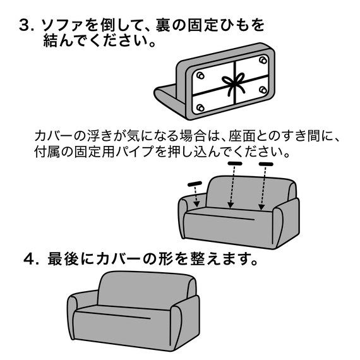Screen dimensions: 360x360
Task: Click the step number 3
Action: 25,27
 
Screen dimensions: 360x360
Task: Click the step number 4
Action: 30,259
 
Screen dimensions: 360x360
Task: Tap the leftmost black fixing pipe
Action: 195,184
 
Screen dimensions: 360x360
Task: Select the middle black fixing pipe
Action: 235,164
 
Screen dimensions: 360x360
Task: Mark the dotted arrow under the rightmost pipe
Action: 263,188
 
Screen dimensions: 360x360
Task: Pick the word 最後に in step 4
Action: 69,259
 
